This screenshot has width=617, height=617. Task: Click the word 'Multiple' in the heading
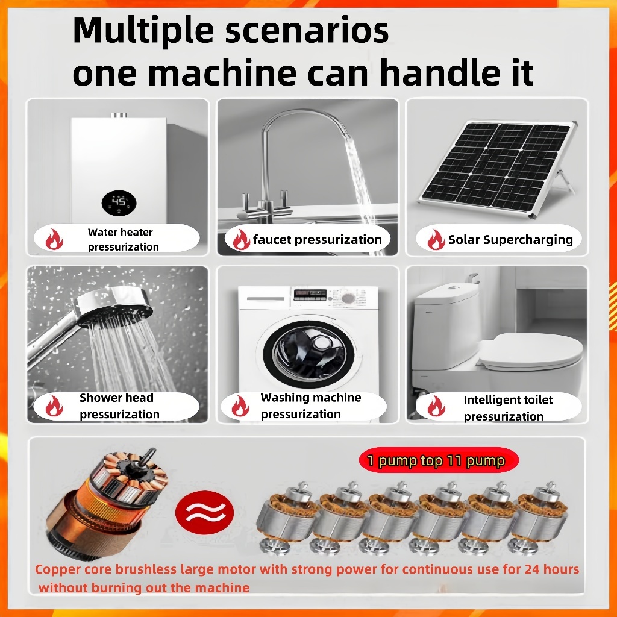(143, 31)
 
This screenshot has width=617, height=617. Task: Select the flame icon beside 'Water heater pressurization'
(54, 239)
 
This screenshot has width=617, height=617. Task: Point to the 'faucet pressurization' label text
(317, 240)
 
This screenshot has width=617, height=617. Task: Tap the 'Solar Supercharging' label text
(510, 240)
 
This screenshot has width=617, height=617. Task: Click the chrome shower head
(114, 307)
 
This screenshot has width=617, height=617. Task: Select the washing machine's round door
(308, 354)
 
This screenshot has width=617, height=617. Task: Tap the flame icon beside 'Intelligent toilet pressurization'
(436, 406)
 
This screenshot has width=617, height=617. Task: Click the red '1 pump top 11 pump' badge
(439, 460)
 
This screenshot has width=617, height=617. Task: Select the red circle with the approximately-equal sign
(204, 512)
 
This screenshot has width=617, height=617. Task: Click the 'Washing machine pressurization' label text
(310, 406)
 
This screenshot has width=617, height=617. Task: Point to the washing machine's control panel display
(310, 294)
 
